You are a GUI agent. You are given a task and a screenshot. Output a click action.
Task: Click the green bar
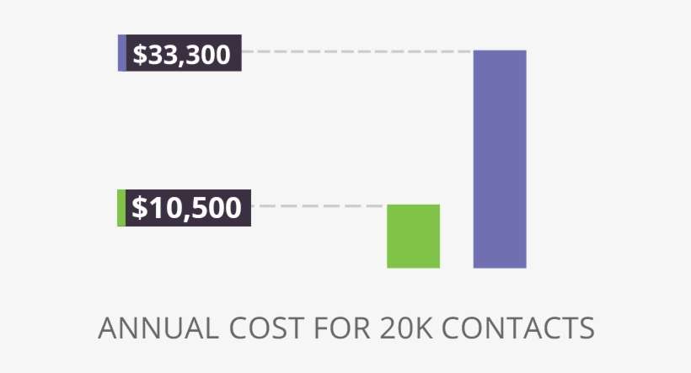click(x=413, y=236)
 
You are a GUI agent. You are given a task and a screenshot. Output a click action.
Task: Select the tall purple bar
click(x=500, y=159)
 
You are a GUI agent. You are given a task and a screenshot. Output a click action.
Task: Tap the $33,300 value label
click(x=182, y=54)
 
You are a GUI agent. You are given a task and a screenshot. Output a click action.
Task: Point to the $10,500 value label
click(x=187, y=207)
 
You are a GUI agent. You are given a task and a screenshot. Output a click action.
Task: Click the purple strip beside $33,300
click(x=122, y=53)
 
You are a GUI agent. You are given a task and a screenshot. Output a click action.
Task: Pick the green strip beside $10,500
click(x=121, y=208)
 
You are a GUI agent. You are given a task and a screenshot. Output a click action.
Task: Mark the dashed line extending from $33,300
click(x=354, y=51)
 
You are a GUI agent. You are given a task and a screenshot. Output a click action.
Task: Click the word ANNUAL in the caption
click(x=148, y=328)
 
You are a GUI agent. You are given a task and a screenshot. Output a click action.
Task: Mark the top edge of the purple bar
click(x=500, y=51)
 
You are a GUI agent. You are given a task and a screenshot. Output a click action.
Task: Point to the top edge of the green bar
click(x=413, y=205)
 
